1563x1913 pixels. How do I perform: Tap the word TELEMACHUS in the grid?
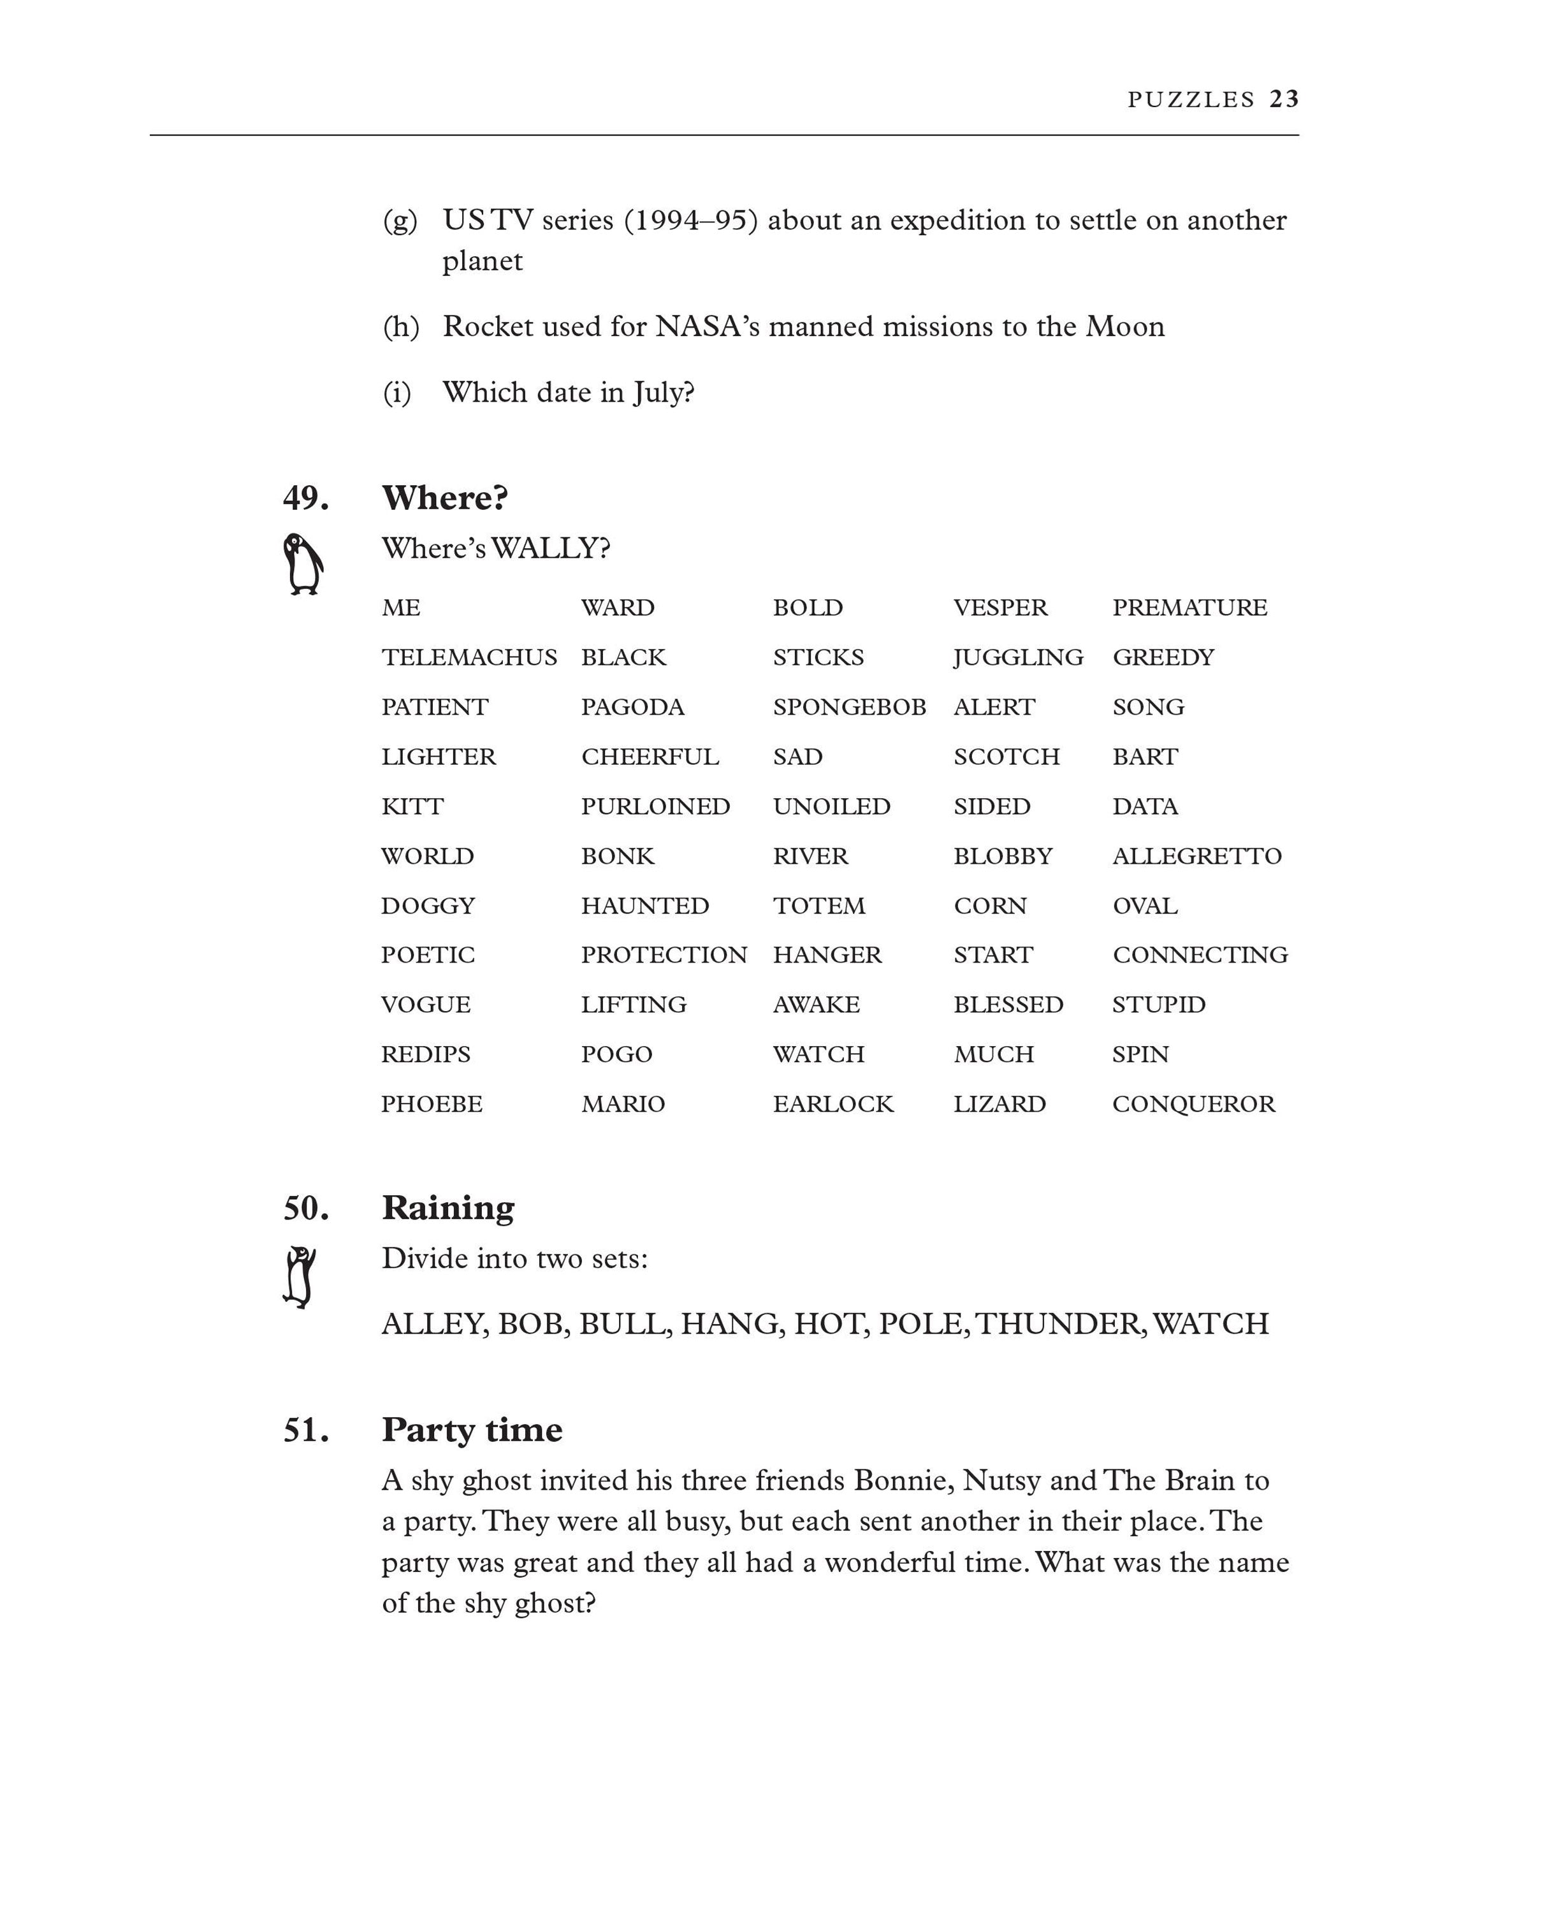tap(469, 658)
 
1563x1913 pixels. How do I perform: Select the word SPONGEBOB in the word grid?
tap(849, 708)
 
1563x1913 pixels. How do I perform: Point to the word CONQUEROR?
tap(1194, 1105)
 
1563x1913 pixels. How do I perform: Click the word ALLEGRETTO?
tap(1196, 856)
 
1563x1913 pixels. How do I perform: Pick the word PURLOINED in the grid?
tap(655, 806)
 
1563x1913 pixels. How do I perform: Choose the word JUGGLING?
tap(1018, 658)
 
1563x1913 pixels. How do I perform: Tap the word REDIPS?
tap(426, 1055)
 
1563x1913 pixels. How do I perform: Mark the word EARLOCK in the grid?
tap(833, 1105)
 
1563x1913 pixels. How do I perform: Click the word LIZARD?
tap(1000, 1105)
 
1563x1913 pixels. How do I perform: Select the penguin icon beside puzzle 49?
tap(303, 564)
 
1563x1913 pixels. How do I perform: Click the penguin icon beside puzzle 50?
tap(300, 1277)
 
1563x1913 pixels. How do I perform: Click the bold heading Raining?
tap(448, 1208)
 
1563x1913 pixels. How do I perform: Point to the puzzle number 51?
tap(306, 1430)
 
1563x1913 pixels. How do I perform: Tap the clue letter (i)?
tap(397, 393)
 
